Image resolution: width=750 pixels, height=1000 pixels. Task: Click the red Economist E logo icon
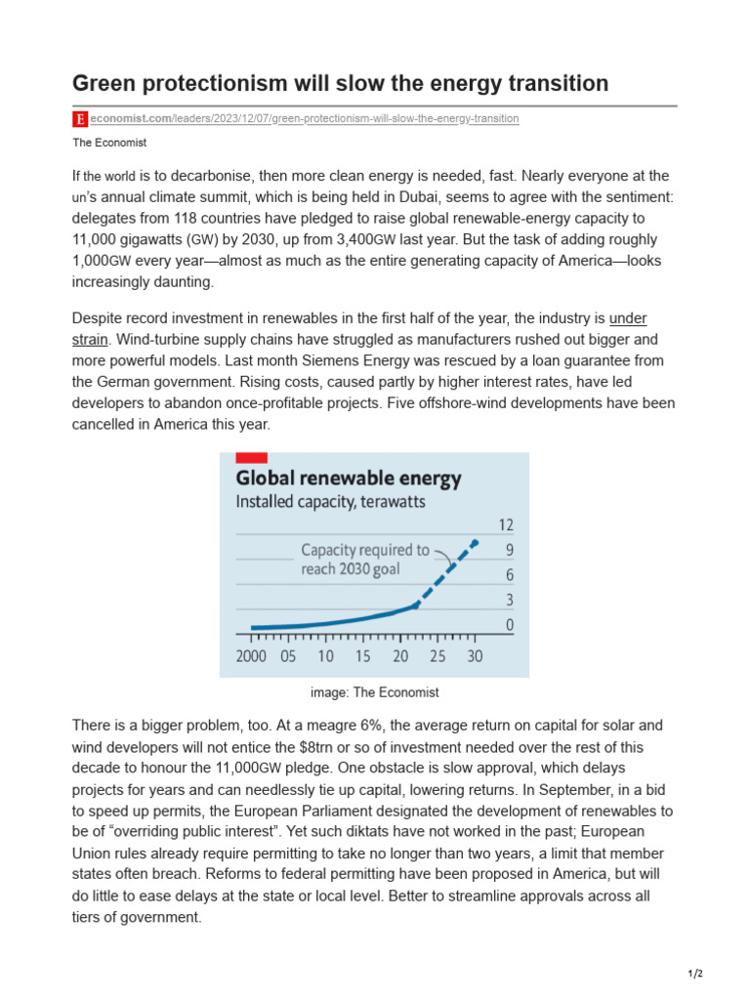click(80, 119)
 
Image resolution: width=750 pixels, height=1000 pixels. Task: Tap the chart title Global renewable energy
click(349, 479)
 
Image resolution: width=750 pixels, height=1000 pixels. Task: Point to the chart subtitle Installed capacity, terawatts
click(331, 503)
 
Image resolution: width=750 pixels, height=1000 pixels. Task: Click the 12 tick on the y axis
click(506, 524)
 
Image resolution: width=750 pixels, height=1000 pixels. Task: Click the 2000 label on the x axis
click(251, 657)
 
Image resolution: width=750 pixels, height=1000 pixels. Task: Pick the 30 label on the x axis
click(475, 657)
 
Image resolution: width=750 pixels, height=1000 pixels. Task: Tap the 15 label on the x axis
click(362, 657)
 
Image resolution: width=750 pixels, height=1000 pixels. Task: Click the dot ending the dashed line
click(476, 542)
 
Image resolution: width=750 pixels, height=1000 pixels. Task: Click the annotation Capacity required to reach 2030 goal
click(363, 560)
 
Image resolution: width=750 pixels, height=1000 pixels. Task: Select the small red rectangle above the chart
click(251, 458)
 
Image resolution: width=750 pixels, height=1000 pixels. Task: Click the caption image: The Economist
click(374, 692)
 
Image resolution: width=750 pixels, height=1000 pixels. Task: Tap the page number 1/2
click(695, 975)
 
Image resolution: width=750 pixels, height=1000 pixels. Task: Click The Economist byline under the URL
click(109, 143)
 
